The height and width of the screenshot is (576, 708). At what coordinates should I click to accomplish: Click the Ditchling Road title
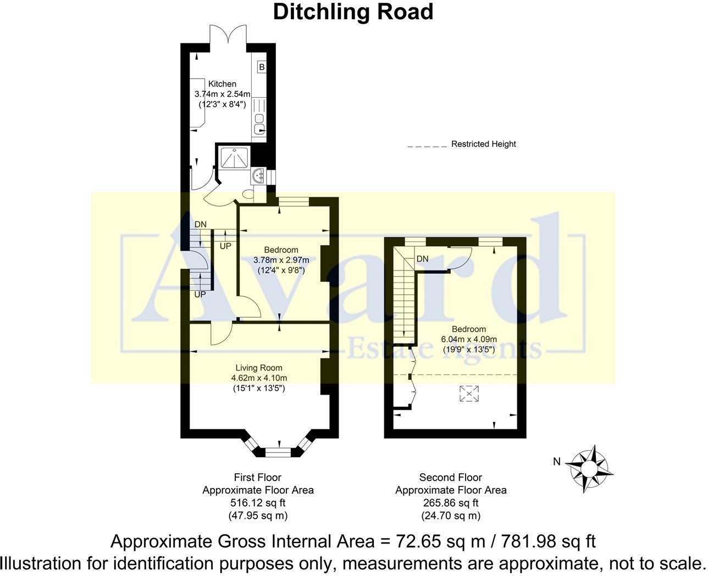(353, 12)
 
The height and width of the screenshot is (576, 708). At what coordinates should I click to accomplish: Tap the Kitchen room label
(222, 84)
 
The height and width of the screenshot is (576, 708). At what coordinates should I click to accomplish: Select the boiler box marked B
(262, 67)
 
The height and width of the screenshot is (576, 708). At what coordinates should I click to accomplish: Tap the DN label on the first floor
(201, 224)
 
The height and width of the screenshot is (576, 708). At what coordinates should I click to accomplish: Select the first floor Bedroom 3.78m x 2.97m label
(281, 260)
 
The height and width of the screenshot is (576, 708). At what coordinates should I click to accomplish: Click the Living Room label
(259, 368)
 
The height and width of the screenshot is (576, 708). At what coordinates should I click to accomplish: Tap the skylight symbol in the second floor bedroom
(469, 394)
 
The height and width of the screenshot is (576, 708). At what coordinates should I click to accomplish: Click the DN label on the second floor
(422, 259)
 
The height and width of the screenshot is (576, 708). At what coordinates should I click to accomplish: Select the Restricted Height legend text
(483, 144)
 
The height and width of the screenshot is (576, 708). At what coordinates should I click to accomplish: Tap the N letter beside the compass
(557, 462)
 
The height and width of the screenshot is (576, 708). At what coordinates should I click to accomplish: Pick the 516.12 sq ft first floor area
(258, 502)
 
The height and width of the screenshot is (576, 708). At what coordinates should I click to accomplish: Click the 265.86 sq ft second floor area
(451, 502)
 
